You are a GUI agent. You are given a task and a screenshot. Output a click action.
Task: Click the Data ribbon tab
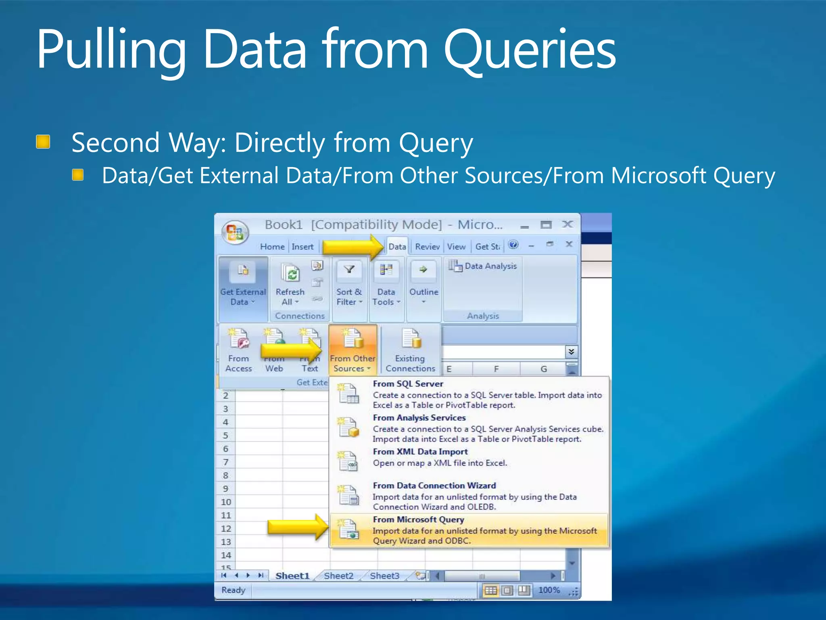[397, 247]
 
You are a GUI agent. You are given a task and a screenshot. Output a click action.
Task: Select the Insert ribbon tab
[302, 247]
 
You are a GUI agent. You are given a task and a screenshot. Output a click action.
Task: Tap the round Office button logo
[235, 232]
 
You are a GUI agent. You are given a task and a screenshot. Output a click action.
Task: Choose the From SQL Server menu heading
[408, 384]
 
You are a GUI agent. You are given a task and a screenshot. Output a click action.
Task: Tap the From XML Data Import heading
[420, 452]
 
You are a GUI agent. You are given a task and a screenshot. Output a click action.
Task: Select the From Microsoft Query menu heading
[419, 519]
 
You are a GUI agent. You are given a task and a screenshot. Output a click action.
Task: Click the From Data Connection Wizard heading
[434, 486]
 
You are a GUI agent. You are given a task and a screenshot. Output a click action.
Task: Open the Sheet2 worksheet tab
[338, 576]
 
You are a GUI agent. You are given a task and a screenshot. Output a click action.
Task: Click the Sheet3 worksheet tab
[384, 576]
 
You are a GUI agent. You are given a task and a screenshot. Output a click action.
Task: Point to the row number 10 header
[226, 502]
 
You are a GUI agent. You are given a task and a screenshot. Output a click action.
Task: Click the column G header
[544, 369]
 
